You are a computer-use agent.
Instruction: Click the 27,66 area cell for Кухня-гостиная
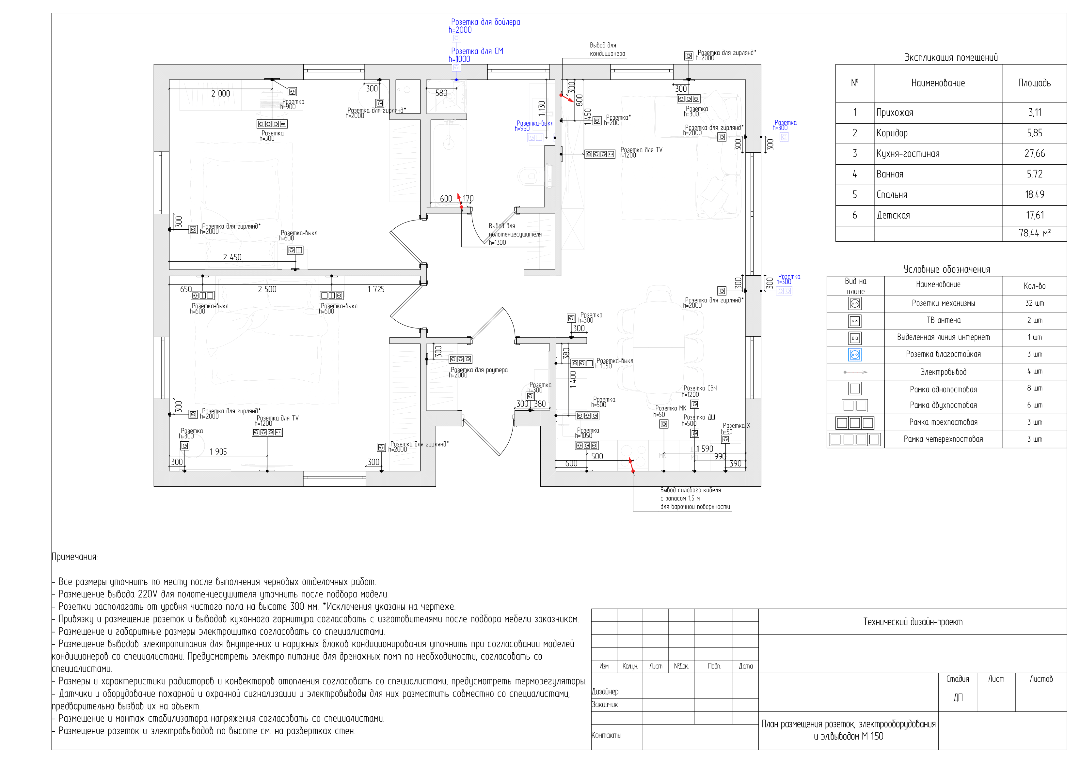[1034, 154]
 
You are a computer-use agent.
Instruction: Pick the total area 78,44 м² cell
[1034, 233]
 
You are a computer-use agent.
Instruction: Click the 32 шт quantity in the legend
[1034, 303]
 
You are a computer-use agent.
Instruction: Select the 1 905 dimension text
[218, 452]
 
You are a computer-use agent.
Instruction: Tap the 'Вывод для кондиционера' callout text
[607, 49]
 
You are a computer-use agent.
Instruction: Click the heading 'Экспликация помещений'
[951, 58]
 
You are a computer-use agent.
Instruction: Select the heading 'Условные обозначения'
[946, 269]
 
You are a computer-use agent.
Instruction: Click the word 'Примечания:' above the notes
[74, 557]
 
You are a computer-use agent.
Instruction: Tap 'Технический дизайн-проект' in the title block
[912, 622]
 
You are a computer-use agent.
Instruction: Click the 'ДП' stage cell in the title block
[957, 698]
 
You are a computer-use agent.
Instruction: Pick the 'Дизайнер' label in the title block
[605, 692]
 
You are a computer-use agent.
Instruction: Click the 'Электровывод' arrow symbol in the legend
[855, 372]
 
